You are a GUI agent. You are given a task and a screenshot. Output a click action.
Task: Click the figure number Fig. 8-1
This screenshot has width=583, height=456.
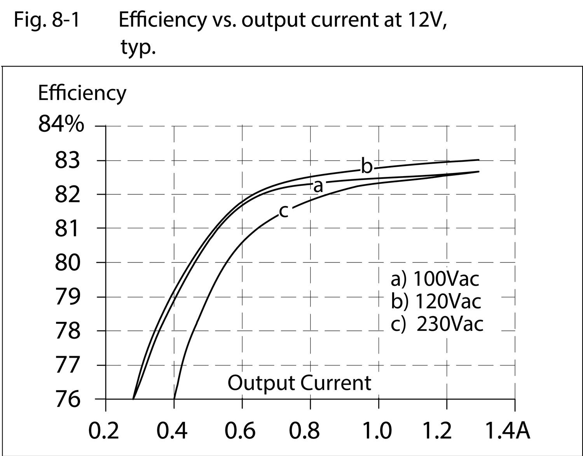[x=47, y=19]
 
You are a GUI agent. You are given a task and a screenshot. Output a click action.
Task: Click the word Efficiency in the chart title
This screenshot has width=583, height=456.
[x=162, y=19]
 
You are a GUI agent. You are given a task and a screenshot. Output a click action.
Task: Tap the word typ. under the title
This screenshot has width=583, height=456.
[x=138, y=47]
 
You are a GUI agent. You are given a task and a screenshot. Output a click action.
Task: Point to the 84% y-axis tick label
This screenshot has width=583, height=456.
[x=61, y=125]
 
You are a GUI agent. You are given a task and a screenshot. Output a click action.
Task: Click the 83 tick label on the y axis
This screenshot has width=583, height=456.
[x=68, y=160]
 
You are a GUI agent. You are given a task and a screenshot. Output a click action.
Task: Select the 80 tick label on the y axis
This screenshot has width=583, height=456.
[x=68, y=263]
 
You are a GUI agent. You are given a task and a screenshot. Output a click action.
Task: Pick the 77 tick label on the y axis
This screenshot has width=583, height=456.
[x=68, y=365]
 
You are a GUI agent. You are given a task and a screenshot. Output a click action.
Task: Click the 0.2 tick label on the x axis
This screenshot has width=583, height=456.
[x=104, y=431]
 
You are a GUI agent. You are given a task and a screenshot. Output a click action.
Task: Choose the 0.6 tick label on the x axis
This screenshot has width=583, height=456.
[x=240, y=431]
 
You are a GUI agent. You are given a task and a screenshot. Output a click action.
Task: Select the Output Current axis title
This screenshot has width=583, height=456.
[x=299, y=383]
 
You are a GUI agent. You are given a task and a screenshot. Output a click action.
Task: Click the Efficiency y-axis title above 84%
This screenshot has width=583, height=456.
[x=82, y=93]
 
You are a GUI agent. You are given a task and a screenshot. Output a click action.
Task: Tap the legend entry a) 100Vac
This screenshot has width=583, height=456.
[x=435, y=278]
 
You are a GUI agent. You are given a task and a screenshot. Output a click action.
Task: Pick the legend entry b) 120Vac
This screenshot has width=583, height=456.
[x=436, y=301]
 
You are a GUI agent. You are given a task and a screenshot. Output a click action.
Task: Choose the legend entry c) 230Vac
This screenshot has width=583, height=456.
[x=437, y=323]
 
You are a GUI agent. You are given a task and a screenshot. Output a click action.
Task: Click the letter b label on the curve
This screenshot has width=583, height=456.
[x=367, y=166]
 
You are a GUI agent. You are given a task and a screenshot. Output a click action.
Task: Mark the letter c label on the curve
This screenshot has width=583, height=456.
[x=284, y=211]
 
